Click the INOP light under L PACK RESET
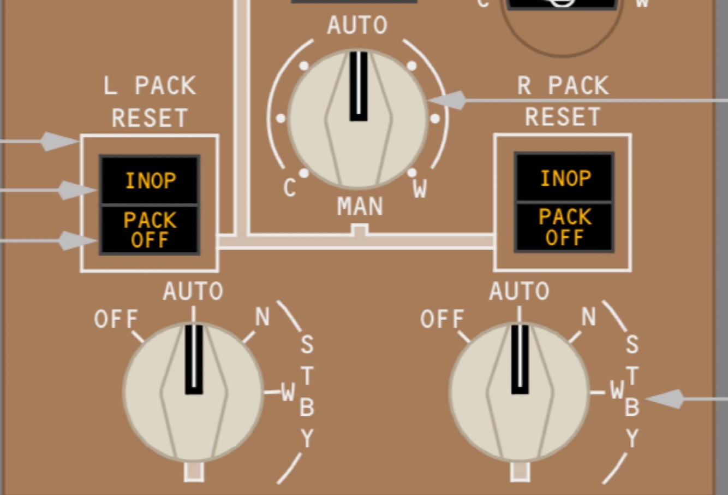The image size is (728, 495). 150,181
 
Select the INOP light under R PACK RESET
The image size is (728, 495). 565,179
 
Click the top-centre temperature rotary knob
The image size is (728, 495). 357,117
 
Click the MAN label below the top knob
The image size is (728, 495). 360,207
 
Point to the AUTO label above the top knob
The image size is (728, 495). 357,26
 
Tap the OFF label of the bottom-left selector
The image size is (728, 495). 116,319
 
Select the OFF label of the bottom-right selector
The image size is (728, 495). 442,319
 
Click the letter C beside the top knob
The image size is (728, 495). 290,188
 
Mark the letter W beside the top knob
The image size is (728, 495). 420,190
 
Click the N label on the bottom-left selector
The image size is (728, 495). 262,316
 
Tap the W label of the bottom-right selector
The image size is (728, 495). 617,391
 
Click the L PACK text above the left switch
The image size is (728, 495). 150,86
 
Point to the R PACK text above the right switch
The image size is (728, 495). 563,86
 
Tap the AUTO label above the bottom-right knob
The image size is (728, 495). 519,291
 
